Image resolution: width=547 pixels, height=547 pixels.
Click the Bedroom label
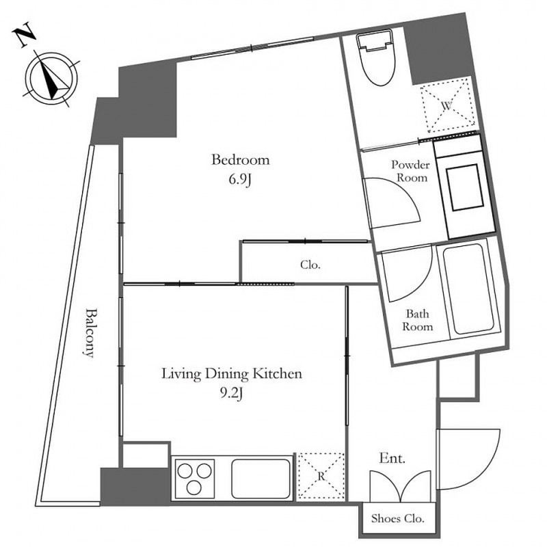(x=241, y=160)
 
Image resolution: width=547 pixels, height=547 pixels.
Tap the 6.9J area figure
(x=241, y=180)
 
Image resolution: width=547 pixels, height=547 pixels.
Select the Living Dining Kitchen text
(x=232, y=374)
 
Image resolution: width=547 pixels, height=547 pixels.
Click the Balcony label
(x=90, y=332)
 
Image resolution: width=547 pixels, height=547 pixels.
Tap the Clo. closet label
(x=310, y=265)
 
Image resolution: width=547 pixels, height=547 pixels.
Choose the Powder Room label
(x=411, y=171)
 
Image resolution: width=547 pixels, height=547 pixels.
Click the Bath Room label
(x=418, y=320)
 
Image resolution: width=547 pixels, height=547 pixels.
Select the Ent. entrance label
(x=392, y=458)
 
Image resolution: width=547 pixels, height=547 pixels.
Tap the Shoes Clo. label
(x=398, y=518)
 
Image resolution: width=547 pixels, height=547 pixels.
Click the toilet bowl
(x=376, y=57)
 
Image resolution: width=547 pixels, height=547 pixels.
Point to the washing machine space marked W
(x=448, y=106)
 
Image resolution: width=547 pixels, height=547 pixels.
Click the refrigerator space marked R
(x=321, y=476)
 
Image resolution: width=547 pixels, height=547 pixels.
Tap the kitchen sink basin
(x=261, y=479)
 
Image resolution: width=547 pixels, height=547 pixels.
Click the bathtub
(x=468, y=289)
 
